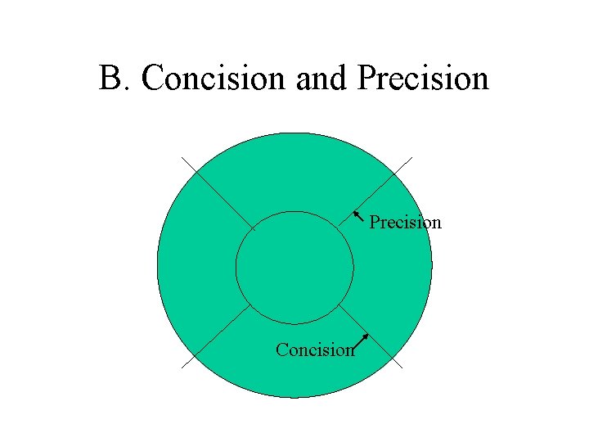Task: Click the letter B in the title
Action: click(110, 79)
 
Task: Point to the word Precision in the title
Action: click(422, 79)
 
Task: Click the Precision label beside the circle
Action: click(405, 222)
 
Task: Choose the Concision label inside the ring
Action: click(315, 350)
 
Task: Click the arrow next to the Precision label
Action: click(359, 217)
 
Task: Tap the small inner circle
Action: click(294, 267)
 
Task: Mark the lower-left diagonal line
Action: click(217, 337)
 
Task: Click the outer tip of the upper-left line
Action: click(183, 157)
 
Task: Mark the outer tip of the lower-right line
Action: click(402, 368)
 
